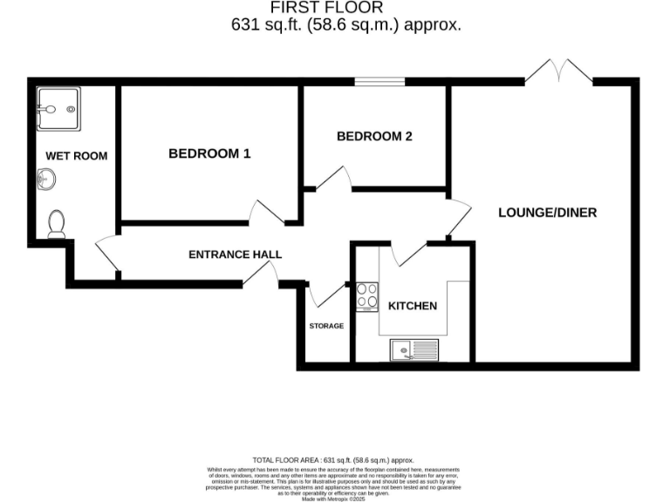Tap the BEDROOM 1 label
209,153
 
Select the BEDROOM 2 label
374,136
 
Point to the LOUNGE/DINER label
547,212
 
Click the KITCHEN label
412,306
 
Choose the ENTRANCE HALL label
236,254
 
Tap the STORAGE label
326,326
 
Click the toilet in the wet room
58,224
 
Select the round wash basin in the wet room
46,180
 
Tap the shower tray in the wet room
58,109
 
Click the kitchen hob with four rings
366,296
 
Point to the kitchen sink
414,350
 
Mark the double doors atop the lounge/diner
558,71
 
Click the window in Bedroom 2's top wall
373,83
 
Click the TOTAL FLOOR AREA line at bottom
333,459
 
